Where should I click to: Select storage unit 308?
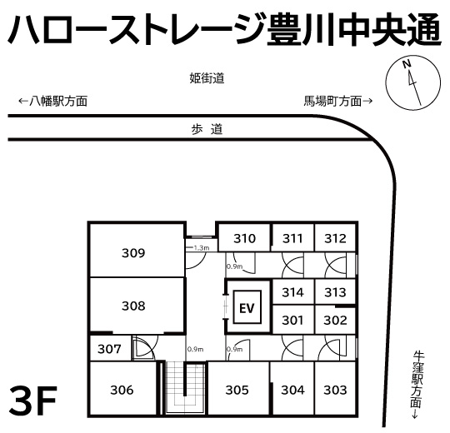tap(133, 306)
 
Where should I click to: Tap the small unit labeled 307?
tap(110, 348)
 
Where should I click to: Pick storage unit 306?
tap(122, 389)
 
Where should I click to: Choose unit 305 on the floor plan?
tap(237, 389)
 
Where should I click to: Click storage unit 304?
tap(292, 389)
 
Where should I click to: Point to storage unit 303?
tap(335, 389)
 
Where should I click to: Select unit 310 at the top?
tap(244, 238)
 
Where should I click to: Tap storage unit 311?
tap(292, 238)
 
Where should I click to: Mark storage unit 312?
tap(335, 238)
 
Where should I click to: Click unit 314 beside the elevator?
tap(292, 292)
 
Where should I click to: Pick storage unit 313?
tap(335, 292)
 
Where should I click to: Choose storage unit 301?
tap(292, 319)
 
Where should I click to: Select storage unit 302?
tap(335, 319)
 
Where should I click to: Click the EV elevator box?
tap(247, 308)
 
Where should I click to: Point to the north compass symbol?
tap(409, 82)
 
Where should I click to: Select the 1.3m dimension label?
tap(201, 247)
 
